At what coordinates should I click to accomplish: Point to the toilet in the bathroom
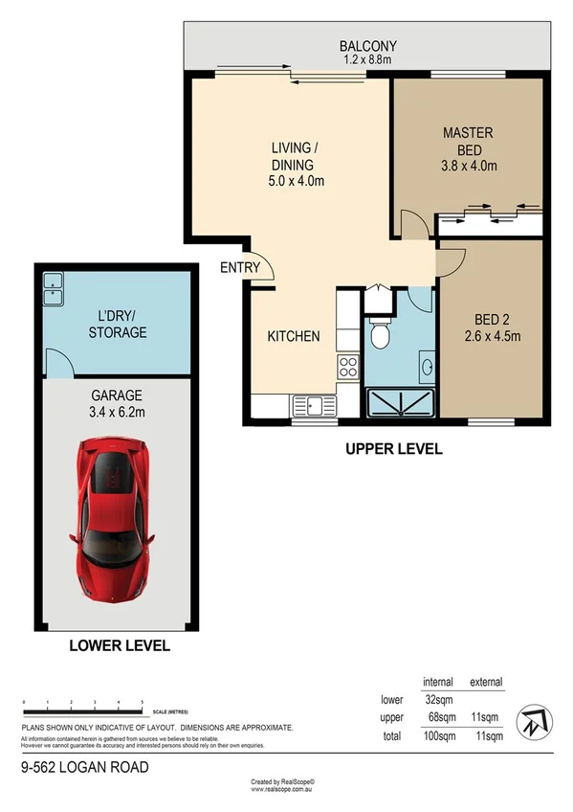381,335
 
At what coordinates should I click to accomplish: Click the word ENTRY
239,267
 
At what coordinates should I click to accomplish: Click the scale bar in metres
82,710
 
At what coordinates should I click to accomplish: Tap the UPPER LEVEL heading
395,448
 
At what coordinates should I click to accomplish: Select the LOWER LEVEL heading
120,645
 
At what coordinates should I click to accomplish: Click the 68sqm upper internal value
436,717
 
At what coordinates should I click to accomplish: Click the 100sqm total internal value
434,735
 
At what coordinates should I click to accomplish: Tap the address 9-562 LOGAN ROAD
85,767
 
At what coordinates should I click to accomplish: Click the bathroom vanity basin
426,365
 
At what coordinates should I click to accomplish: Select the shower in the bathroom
399,400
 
